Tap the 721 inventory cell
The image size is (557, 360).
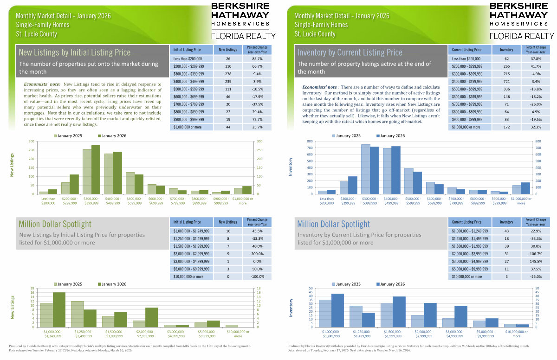point(506,81)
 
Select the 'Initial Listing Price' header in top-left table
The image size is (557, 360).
point(187,49)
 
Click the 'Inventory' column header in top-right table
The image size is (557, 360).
point(506,49)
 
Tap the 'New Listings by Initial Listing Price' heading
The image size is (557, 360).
point(75,52)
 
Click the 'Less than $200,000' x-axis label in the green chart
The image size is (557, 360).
point(48,201)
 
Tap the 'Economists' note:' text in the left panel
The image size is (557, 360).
point(40,84)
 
